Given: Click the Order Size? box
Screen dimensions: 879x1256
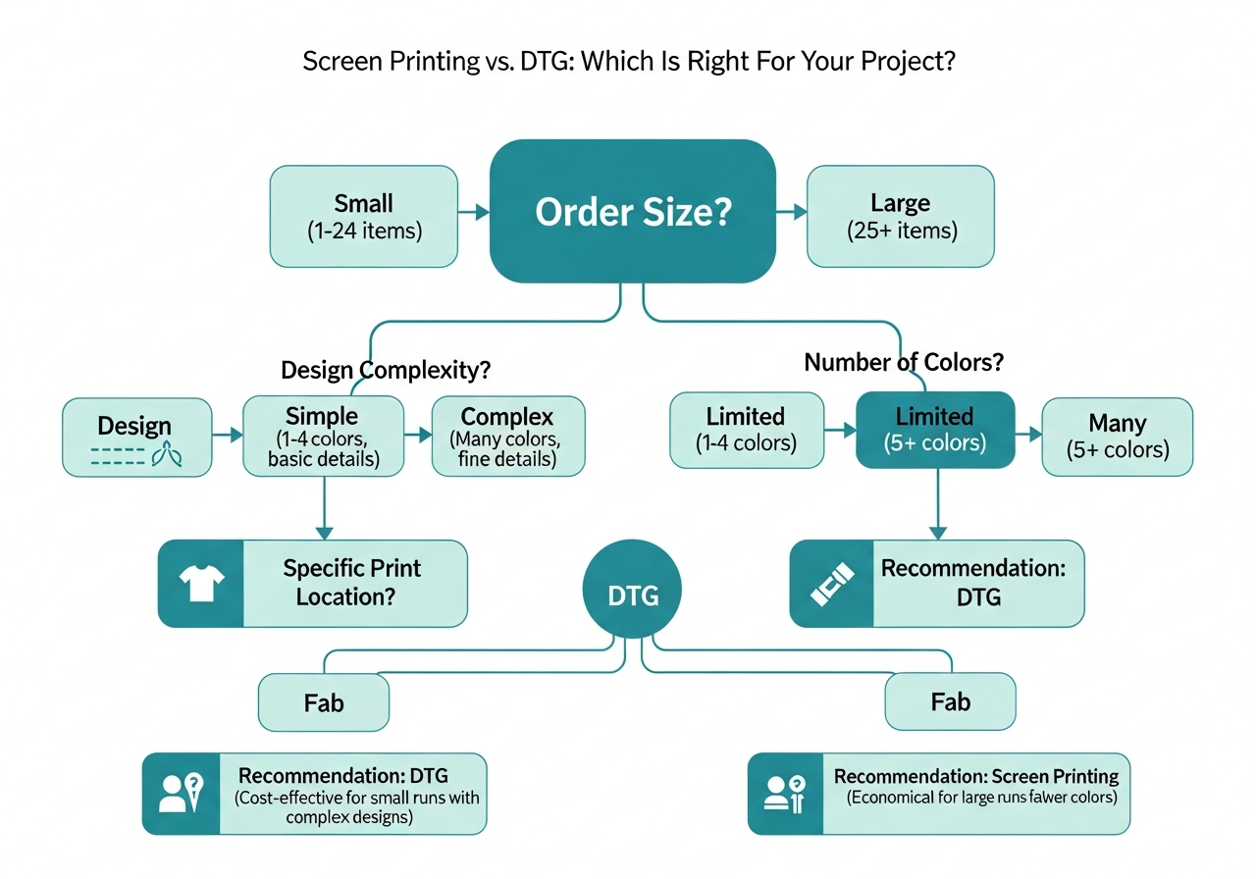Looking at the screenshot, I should pyautogui.click(x=633, y=212).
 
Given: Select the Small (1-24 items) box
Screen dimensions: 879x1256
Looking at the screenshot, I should pyautogui.click(x=363, y=217).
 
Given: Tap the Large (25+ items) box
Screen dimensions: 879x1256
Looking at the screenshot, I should pyautogui.click(x=900, y=217).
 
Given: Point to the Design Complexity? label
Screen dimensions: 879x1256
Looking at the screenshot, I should pyautogui.click(x=386, y=371).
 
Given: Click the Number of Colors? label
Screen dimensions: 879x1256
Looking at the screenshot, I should pyautogui.click(x=904, y=362).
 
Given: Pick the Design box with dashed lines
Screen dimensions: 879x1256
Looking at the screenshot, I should pyautogui.click(x=136, y=438).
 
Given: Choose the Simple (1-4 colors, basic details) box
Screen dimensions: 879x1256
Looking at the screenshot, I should pyautogui.click(x=323, y=437).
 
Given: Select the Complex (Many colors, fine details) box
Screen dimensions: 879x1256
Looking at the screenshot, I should pyautogui.click(x=507, y=437).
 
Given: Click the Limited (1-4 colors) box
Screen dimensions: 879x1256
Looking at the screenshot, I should pyautogui.click(x=745, y=430).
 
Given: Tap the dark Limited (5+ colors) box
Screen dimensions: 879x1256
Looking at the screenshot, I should pyautogui.click(x=934, y=429).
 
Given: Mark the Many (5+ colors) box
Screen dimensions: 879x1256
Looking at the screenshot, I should pyautogui.click(x=1117, y=437).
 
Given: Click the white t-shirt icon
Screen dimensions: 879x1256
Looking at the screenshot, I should pyautogui.click(x=200, y=584).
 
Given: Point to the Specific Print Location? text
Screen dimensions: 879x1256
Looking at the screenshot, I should pyautogui.click(x=351, y=582).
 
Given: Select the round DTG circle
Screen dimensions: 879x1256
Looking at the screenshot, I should pyautogui.click(x=632, y=595).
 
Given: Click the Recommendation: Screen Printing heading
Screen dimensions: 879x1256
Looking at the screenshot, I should pyautogui.click(x=976, y=777).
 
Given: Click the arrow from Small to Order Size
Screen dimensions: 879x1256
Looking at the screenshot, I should pyautogui.click(x=474, y=212).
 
